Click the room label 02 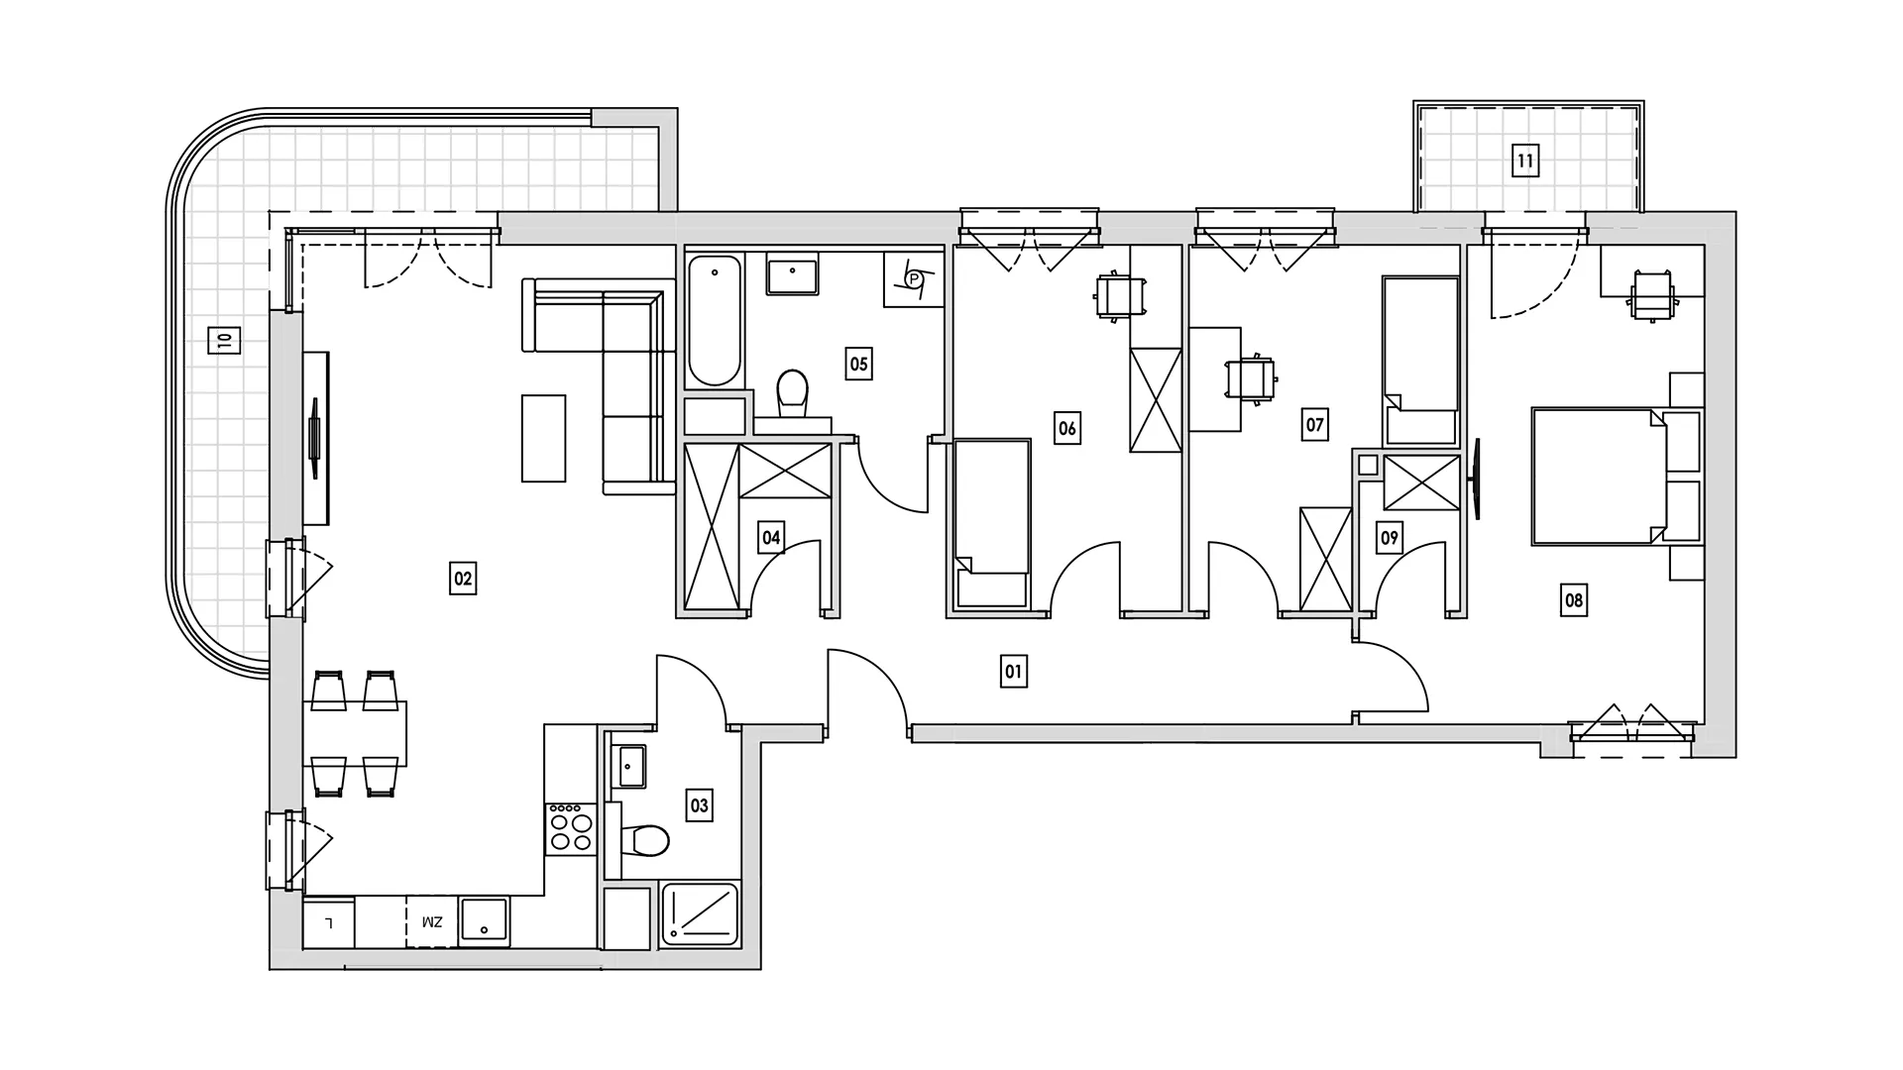[463, 578]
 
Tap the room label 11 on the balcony [1525, 160]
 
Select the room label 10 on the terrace [224, 341]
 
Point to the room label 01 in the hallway [1013, 672]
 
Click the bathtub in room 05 [715, 321]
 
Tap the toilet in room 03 [643, 840]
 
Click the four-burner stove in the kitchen [571, 829]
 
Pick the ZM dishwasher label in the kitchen [432, 922]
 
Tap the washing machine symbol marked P [911, 280]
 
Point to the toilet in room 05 [792, 393]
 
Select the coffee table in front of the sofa [543, 438]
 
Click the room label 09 [1390, 538]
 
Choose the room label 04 [771, 538]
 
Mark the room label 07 [1314, 425]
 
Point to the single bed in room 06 [992, 523]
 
